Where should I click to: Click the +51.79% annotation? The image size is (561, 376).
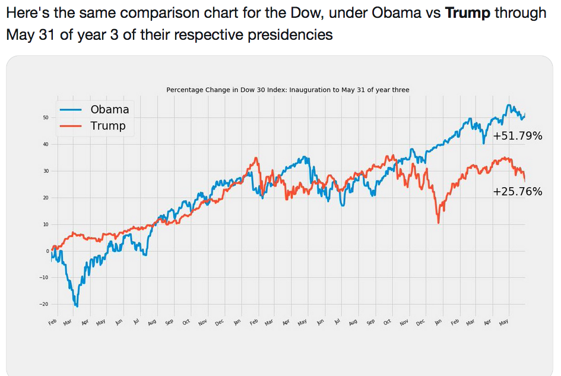coord(517,136)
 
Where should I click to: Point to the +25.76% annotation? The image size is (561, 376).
coord(517,191)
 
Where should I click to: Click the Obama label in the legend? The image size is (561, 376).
coord(109,109)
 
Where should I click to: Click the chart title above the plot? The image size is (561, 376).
coord(287,90)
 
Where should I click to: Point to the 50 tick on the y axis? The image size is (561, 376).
coord(45,118)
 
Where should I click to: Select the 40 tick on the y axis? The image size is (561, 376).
coord(45,144)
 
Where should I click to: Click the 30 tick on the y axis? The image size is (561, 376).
coord(45,171)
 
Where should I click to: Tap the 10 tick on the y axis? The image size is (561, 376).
coord(45,225)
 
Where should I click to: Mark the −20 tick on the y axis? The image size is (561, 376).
coord(44,304)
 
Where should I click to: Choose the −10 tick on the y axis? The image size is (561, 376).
coord(44,277)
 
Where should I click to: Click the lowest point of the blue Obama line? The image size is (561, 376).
coord(76,306)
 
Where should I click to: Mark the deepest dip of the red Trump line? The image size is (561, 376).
coord(438,223)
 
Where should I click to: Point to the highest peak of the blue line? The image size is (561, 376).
coord(509,105)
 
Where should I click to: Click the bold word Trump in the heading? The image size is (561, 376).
coord(468,13)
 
